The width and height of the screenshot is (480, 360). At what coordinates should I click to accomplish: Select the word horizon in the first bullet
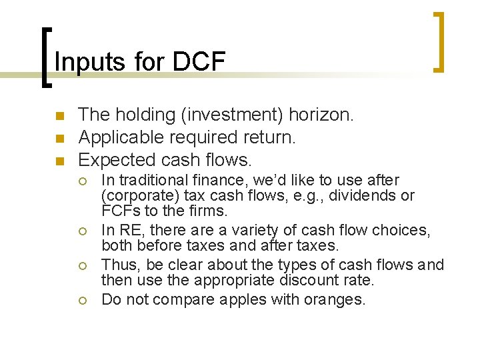click(321, 115)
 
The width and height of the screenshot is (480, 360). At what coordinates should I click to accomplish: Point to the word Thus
click(118, 265)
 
